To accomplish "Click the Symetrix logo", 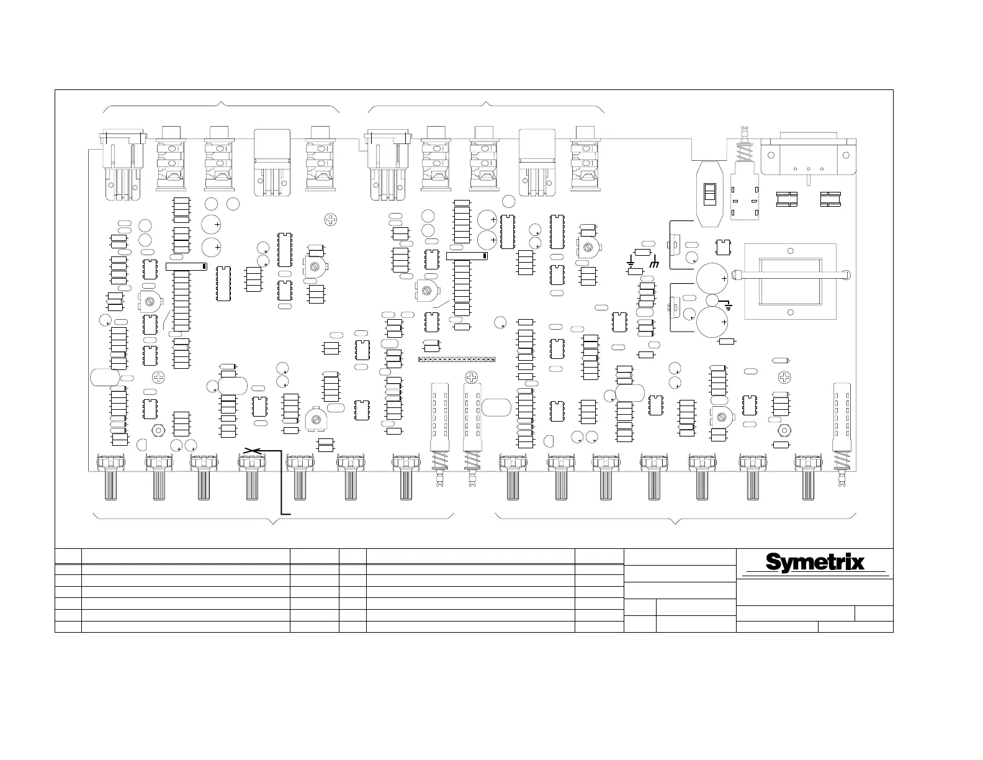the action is coord(815,562).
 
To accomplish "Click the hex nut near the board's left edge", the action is coord(158,430).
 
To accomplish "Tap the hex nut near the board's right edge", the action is coord(784,430).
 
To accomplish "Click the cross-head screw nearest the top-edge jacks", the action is coord(331,219).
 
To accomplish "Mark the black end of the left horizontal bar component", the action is coord(203,266).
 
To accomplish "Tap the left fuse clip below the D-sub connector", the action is coord(787,199).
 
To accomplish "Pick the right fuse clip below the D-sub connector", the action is coord(830,199).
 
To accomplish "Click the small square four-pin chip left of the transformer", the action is coord(722,247).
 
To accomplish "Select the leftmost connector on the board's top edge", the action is coord(122,165).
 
